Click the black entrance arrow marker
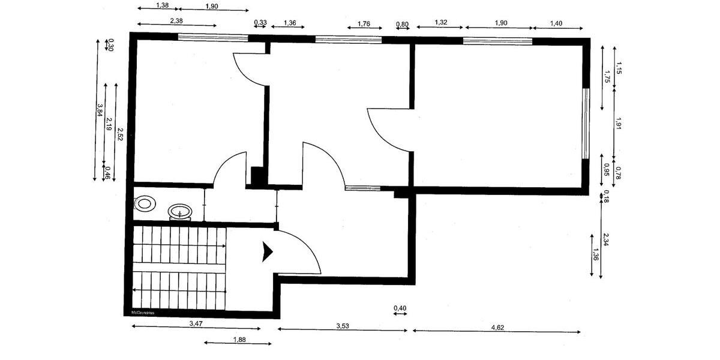click(x=267, y=252)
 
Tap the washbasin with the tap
click(x=180, y=212)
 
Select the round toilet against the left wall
click(x=144, y=203)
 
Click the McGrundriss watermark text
click(x=142, y=312)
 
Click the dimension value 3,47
click(x=196, y=323)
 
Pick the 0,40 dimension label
click(x=400, y=308)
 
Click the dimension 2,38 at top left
click(x=176, y=20)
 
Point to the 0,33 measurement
click(x=260, y=23)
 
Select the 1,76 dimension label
click(x=364, y=24)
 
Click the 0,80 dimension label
click(x=402, y=25)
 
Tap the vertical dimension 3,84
click(x=99, y=109)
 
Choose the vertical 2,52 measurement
click(x=120, y=133)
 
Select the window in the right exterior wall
click(x=586, y=124)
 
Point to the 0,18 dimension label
click(x=606, y=195)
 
